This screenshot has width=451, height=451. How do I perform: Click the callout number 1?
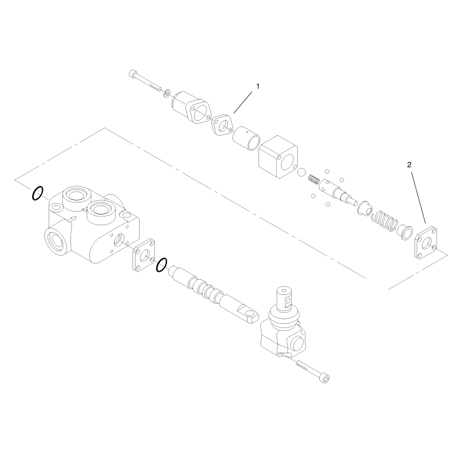[258, 86]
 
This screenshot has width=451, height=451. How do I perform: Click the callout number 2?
[409, 165]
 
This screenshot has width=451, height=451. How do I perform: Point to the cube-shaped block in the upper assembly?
[278, 157]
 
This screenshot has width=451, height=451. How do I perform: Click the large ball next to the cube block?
[302, 173]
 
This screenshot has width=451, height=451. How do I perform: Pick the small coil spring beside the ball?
[314, 180]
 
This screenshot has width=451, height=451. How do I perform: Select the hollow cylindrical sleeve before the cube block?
[246, 138]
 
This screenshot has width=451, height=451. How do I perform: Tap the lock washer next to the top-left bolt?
[166, 93]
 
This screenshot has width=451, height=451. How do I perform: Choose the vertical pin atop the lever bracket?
[285, 298]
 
